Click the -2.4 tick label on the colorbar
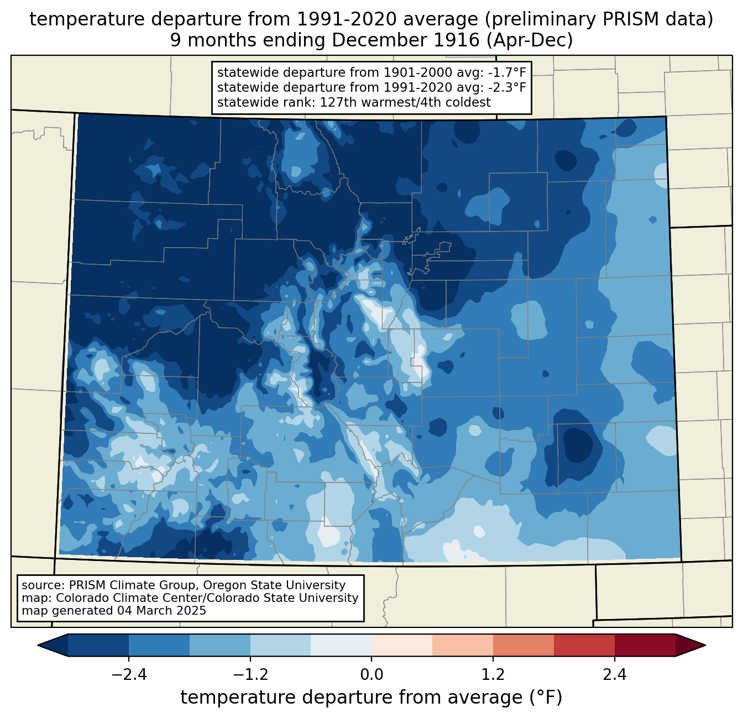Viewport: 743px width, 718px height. (129, 674)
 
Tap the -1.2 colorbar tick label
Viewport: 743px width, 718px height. (250, 674)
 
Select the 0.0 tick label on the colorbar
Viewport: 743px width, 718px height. (371, 674)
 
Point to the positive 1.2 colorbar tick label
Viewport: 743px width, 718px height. (493, 674)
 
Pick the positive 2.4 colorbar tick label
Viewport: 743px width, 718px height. (615, 674)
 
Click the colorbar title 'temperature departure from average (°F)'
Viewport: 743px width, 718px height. (371, 697)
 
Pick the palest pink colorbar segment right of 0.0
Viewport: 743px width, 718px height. (402, 646)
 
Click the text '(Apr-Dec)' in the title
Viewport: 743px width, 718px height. (529, 40)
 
